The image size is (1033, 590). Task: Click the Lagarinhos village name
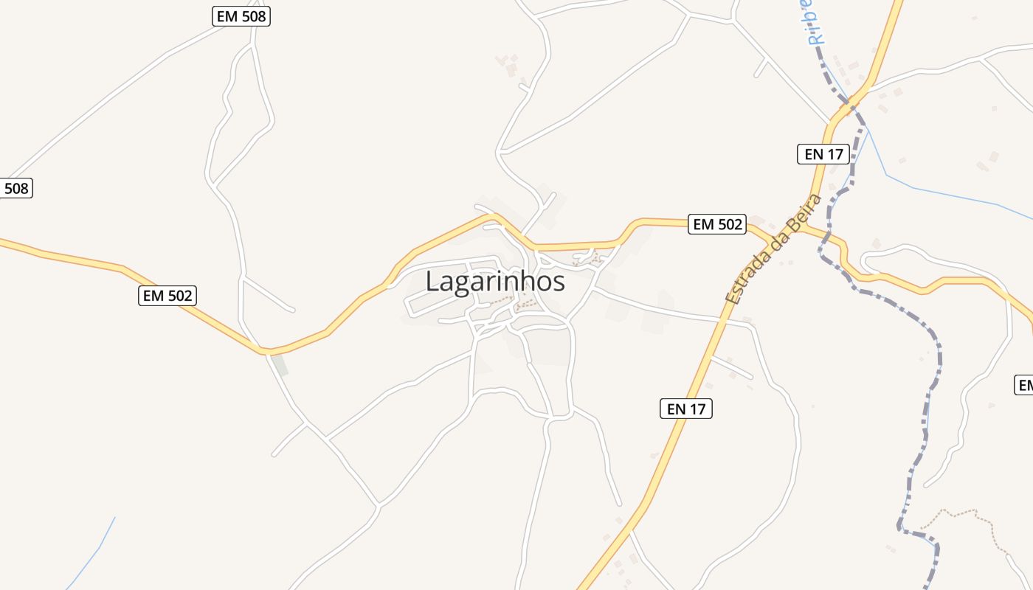pos(495,282)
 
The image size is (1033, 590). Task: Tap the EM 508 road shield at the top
pos(241,16)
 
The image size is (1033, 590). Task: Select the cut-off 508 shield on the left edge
pos(15,188)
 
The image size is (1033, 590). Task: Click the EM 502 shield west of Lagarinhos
pos(167,296)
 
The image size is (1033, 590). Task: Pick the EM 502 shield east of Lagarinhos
pos(717,224)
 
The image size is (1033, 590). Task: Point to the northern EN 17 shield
pos(823,154)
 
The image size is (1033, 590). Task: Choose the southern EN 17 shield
pos(685,409)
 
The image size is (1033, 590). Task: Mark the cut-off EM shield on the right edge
pos(1024,385)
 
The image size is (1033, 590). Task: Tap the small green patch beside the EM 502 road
pos(280,364)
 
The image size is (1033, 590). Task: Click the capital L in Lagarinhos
pos(433,282)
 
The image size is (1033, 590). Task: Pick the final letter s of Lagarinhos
pos(559,282)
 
